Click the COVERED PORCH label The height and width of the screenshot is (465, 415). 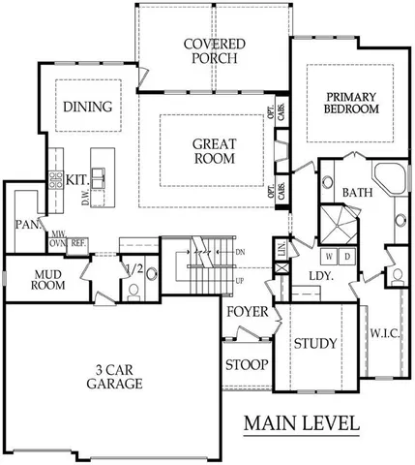[x=215, y=51]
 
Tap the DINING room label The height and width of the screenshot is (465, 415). [x=88, y=107]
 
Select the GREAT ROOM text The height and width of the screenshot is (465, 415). [x=213, y=150]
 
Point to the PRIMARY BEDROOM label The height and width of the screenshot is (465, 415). [x=350, y=103]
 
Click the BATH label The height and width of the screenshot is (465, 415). [x=357, y=193]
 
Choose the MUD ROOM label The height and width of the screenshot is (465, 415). [x=46, y=279]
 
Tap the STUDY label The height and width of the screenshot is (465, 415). [x=314, y=343]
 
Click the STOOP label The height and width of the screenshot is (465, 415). [x=247, y=365]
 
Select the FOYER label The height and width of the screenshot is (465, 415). [x=248, y=312]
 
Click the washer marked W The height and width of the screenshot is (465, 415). [x=331, y=256]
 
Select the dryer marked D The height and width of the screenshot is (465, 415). [x=345, y=256]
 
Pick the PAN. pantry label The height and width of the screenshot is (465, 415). [x=26, y=225]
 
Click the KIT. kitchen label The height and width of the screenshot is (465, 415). [x=77, y=179]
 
